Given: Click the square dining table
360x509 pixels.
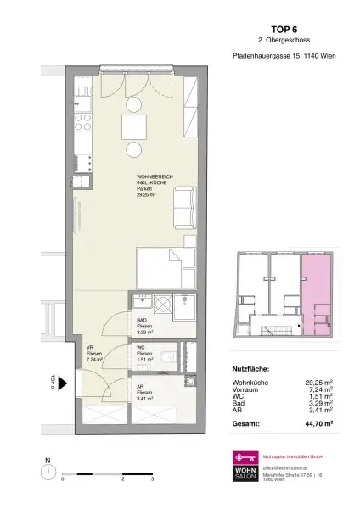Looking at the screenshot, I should point(134,128).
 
